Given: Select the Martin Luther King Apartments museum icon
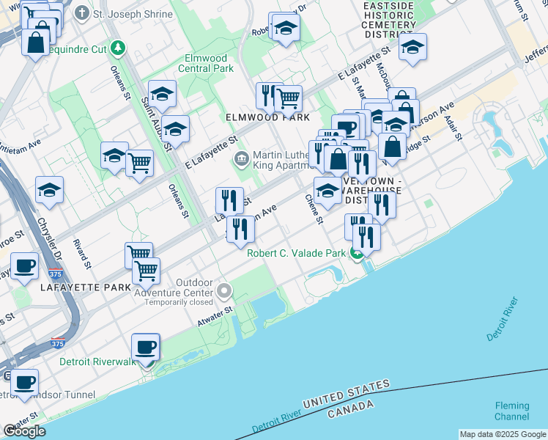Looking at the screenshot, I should (241, 158).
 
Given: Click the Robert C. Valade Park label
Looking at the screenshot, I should (296, 254).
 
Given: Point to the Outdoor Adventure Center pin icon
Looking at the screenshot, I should (224, 292).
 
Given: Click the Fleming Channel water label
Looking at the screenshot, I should (512, 411).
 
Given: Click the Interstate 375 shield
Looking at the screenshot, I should (58, 343).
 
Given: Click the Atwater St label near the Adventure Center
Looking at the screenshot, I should (215, 317).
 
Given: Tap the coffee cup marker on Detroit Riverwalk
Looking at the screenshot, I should (144, 347).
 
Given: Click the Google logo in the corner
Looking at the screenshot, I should (24, 431).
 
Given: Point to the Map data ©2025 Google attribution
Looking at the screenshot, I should (502, 434).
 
